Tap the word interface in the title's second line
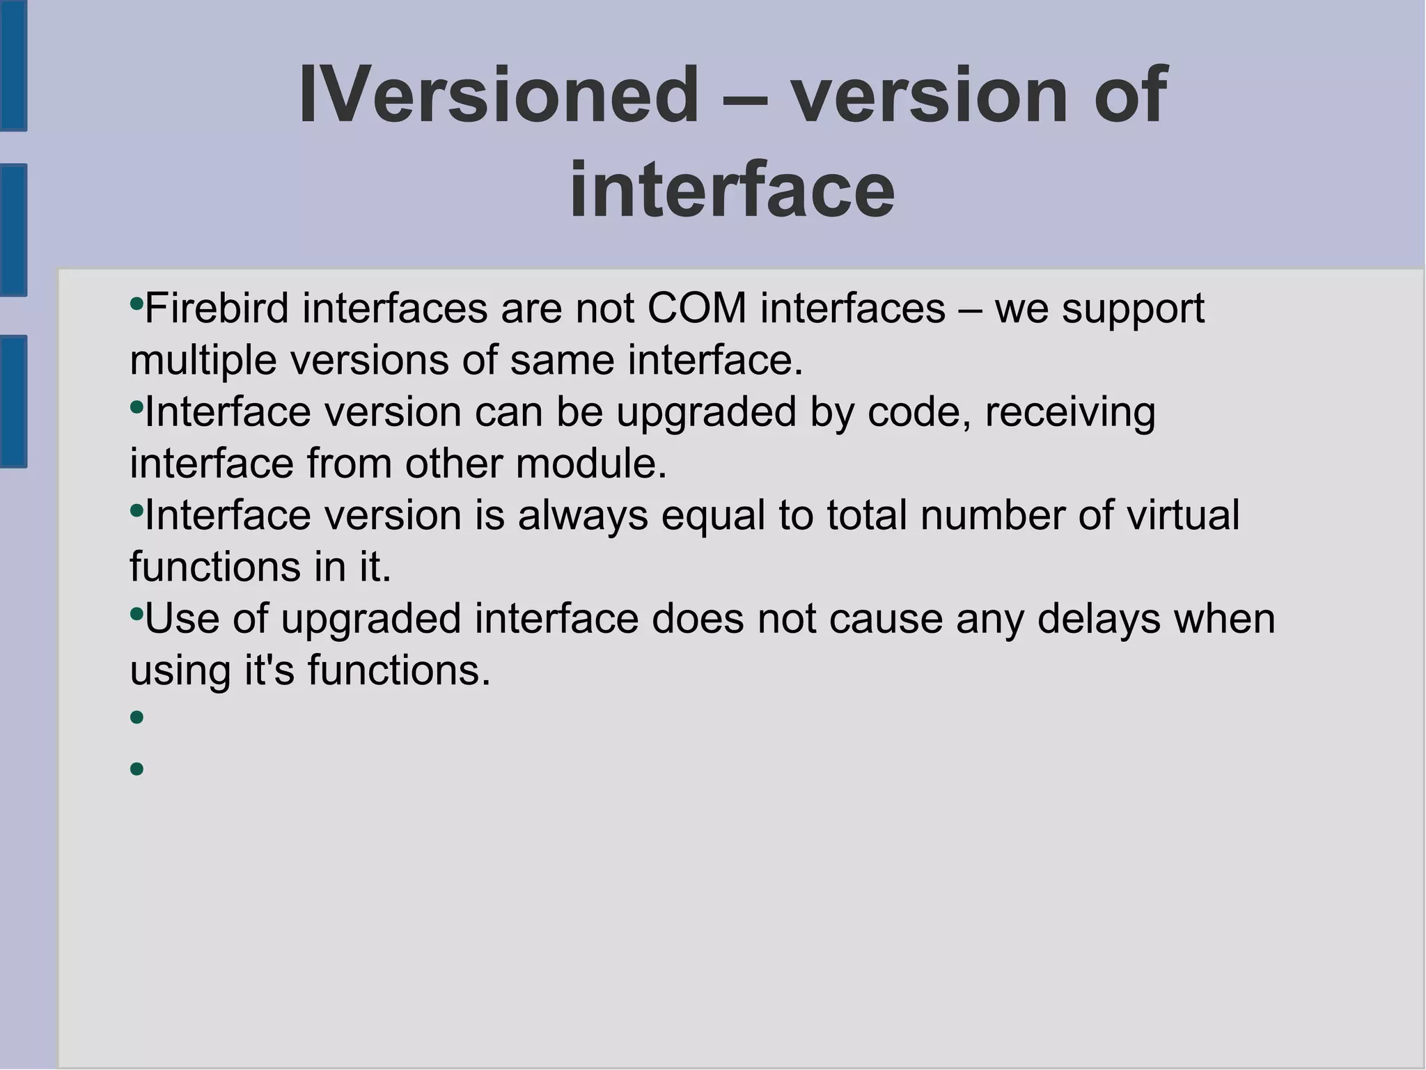(732, 189)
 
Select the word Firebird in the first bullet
(217, 308)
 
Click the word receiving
(1070, 412)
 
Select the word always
(583, 516)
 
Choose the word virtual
(1183, 516)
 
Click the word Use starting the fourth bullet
(182, 619)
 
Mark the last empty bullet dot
(136, 769)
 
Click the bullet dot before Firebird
(136, 304)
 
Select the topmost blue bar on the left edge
(13, 65)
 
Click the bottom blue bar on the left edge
(13, 401)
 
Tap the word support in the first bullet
(1133, 308)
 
